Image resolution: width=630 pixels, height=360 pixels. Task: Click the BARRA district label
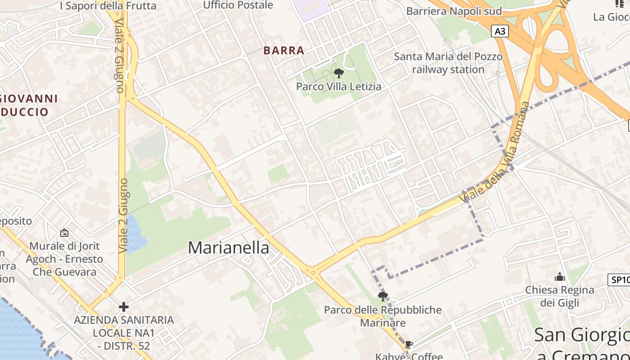point(284,50)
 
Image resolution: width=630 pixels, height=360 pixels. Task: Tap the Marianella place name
point(229,247)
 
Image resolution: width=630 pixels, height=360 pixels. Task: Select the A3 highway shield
point(500,31)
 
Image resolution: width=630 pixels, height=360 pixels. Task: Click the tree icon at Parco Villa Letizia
point(339,73)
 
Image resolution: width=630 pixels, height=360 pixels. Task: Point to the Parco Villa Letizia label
point(338,86)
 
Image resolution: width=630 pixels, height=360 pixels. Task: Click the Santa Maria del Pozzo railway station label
point(448,63)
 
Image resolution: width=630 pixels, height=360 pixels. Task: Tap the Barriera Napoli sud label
point(454,11)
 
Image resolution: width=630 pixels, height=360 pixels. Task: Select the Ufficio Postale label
point(238,5)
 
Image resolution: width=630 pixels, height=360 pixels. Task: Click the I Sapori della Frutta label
point(108,6)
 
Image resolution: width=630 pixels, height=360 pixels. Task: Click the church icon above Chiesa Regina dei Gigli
point(560,277)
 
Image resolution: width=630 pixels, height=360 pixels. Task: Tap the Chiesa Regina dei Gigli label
point(560,296)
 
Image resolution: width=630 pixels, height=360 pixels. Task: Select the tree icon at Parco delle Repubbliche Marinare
point(383,296)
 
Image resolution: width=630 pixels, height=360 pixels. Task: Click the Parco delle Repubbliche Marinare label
point(383,316)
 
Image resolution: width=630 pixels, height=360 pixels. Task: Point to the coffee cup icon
point(408,345)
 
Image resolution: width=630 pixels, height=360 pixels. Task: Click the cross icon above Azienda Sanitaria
point(124,307)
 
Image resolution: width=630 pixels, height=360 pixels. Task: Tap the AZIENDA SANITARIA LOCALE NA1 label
point(124,333)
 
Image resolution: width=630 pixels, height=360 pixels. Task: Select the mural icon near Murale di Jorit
point(64,233)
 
